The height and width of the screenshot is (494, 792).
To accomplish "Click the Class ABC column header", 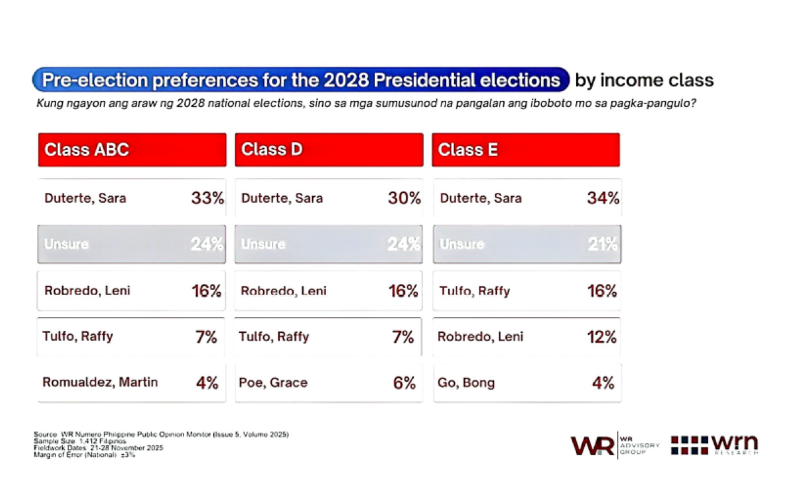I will [132, 150].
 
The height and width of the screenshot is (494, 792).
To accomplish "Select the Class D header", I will [329, 150].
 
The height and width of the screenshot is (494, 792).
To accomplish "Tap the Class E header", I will [526, 150].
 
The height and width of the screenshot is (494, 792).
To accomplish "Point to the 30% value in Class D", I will [405, 198].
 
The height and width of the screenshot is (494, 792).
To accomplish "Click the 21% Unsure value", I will [603, 244].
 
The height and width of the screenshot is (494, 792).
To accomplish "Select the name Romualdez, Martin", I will [100, 382].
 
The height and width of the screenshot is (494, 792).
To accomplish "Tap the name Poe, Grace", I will [273, 383].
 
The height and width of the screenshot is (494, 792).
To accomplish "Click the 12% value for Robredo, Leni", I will [602, 337].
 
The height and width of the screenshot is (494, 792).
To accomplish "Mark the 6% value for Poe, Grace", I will [405, 383].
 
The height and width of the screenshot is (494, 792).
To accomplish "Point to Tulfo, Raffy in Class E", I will [475, 291].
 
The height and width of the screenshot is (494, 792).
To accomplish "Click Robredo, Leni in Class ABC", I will [87, 291].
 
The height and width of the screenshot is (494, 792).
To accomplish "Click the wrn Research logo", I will [715, 445].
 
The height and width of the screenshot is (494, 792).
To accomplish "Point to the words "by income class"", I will [644, 81].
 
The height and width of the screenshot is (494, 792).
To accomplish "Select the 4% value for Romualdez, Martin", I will [207, 383].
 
